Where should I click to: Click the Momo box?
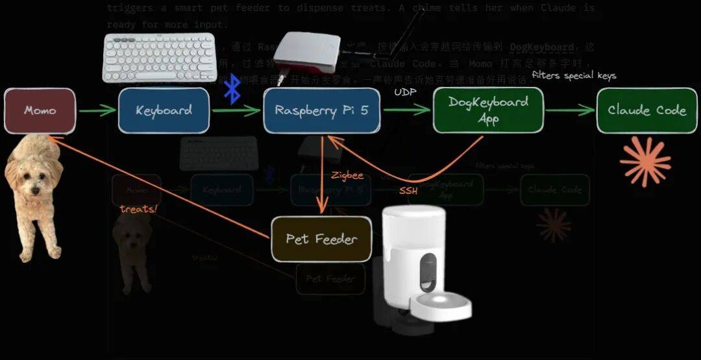[x=40, y=110]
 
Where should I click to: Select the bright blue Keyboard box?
[x=164, y=110]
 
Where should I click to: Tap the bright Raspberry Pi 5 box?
[x=321, y=110]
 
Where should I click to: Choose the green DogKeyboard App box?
[x=488, y=110]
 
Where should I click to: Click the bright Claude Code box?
[x=646, y=110]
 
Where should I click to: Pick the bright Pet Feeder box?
[x=321, y=239]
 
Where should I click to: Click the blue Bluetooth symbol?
[x=232, y=89]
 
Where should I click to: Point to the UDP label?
[x=405, y=93]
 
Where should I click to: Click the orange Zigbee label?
[x=347, y=176]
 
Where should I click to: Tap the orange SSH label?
[x=408, y=191]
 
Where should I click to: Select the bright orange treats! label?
[x=138, y=209]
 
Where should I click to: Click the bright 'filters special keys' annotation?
[x=574, y=75]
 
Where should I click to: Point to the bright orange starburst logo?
[x=645, y=162]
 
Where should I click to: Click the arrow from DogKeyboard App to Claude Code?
[x=570, y=111]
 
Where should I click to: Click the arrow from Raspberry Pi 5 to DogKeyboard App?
[x=406, y=110]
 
